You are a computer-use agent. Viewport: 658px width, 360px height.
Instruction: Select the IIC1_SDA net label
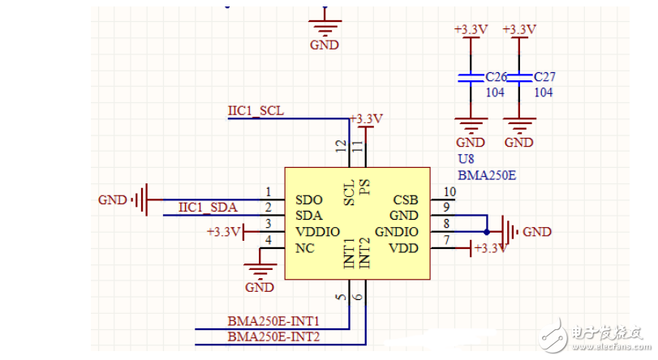(208, 208)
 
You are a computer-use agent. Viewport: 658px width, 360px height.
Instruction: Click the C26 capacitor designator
(496, 77)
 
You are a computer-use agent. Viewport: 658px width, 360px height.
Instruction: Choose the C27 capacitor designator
(544, 77)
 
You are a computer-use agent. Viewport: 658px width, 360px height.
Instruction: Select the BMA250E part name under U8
(486, 174)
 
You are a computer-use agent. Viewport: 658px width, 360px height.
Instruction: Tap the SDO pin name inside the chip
(310, 199)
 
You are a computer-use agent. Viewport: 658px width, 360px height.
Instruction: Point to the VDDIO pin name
(316, 232)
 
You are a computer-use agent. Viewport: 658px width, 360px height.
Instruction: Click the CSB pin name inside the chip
(405, 199)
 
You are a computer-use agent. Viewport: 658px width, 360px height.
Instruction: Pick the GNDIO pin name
(397, 232)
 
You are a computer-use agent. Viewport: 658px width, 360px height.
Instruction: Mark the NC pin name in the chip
(305, 248)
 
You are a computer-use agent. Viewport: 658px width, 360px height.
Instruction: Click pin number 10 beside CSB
(449, 192)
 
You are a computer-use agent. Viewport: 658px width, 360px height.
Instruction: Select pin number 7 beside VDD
(445, 241)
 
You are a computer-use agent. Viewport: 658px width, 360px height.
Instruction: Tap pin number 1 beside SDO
(268, 192)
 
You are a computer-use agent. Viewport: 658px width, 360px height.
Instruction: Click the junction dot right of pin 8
(487, 232)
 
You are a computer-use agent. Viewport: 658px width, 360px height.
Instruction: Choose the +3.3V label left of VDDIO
(223, 232)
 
